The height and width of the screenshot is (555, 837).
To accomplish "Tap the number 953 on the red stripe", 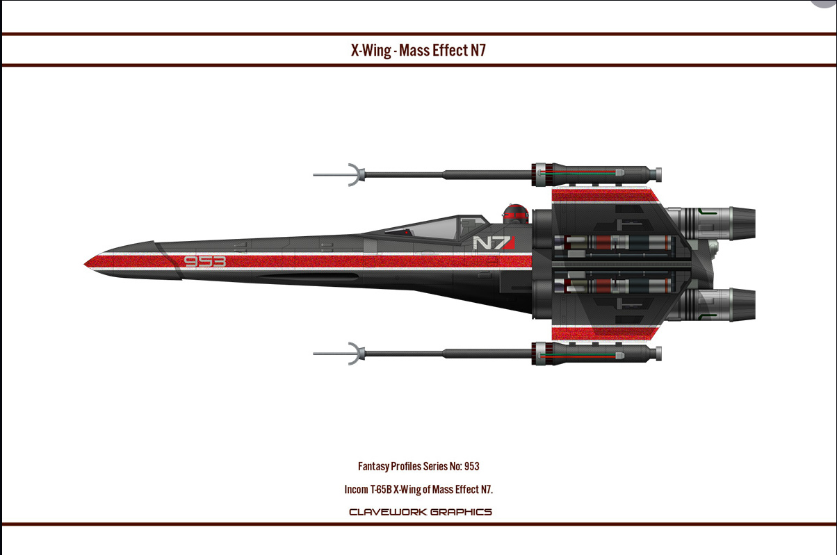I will tap(205, 262).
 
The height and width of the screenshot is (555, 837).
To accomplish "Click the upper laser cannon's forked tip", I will tap(353, 174).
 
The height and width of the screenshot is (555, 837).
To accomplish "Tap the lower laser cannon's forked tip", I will tap(353, 353).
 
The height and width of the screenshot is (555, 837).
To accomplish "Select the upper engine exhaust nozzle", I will tap(740, 222).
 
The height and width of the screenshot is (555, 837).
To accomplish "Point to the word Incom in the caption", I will tap(356, 489).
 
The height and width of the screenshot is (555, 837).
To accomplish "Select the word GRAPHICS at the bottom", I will tap(461, 512).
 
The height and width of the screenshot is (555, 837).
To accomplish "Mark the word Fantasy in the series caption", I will tap(373, 466).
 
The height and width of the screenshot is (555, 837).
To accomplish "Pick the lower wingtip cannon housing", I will tap(594, 352).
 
